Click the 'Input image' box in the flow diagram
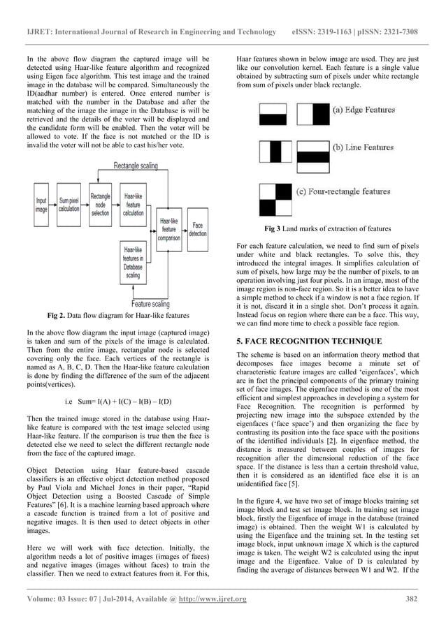pyautogui.click(x=42, y=204)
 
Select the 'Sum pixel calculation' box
pyautogui.click(x=69, y=204)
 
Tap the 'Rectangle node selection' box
pyautogui.click(x=100, y=204)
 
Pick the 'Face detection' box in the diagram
pyautogui.click(x=197, y=230)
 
